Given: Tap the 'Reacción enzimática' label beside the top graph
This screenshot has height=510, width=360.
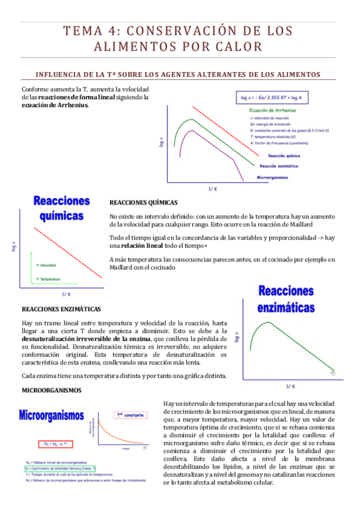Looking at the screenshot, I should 278,165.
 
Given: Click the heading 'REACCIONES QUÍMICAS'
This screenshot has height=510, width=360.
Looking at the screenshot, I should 143,203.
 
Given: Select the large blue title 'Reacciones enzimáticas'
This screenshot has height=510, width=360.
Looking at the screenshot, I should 285,300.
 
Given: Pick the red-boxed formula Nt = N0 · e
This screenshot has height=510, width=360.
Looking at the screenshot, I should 45,444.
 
